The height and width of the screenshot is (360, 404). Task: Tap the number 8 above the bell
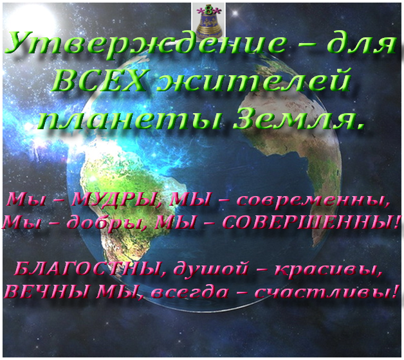208,10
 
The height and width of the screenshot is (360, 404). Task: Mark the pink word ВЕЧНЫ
48,292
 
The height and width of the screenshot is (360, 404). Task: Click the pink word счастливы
326,291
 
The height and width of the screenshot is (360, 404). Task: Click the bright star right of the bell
235,12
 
